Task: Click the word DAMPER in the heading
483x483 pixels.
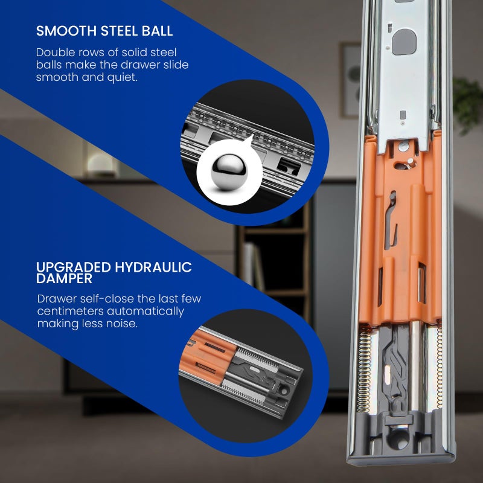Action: coord(64,278)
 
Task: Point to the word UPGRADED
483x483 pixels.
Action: coord(73,267)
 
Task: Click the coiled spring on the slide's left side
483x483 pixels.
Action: coord(364,369)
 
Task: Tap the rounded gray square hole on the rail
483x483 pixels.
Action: coord(404,42)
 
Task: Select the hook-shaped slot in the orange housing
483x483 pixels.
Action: coord(391,219)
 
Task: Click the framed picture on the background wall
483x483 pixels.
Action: coord(350,80)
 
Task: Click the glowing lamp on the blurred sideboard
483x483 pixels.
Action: coord(101,164)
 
